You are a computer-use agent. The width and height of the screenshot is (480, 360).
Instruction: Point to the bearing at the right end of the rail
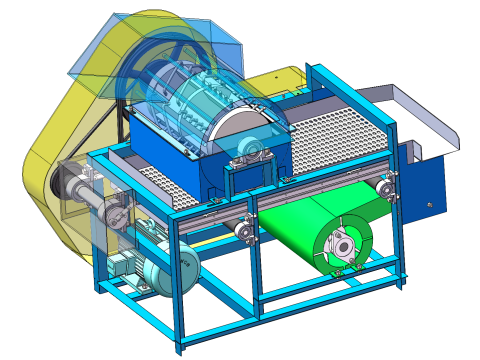(x=385, y=185)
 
